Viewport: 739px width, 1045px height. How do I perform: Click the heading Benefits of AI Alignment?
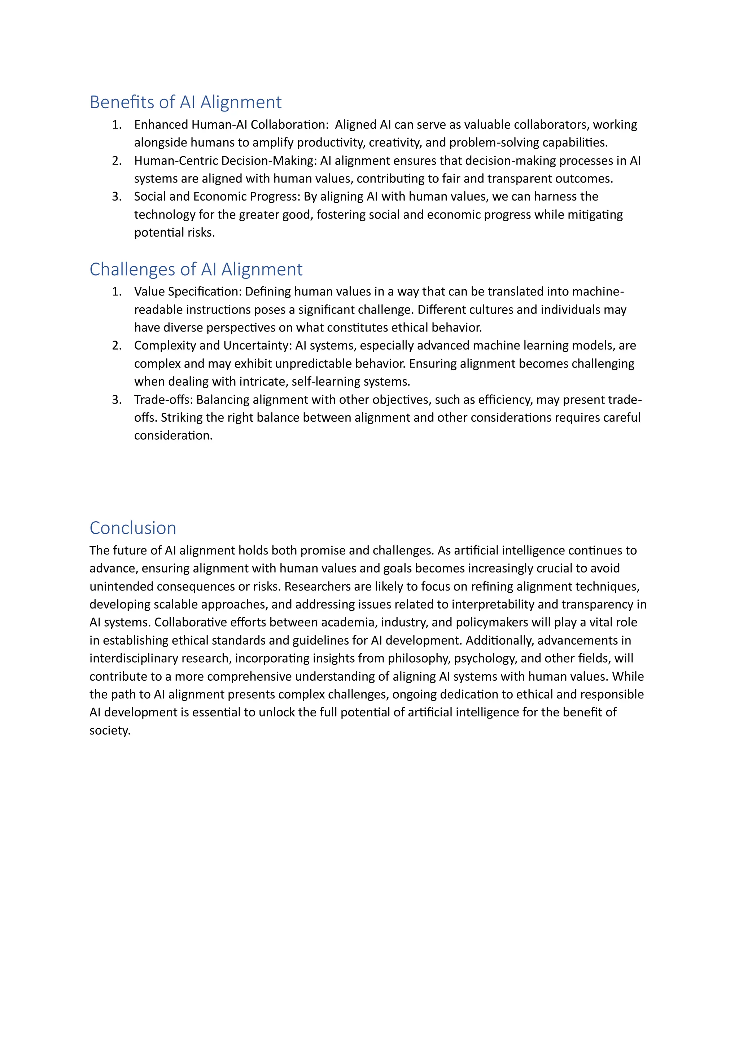pyautogui.click(x=185, y=102)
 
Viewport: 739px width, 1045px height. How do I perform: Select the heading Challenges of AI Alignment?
pyautogui.click(x=196, y=269)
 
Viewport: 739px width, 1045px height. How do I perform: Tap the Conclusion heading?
pyautogui.click(x=132, y=528)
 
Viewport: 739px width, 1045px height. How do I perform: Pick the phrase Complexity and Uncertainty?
pyautogui.click(x=212, y=346)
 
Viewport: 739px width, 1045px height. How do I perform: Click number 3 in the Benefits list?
pyautogui.click(x=117, y=197)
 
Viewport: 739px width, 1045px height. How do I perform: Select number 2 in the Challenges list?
pyautogui.click(x=117, y=346)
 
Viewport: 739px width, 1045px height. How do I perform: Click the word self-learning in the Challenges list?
pyautogui.click(x=326, y=381)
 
